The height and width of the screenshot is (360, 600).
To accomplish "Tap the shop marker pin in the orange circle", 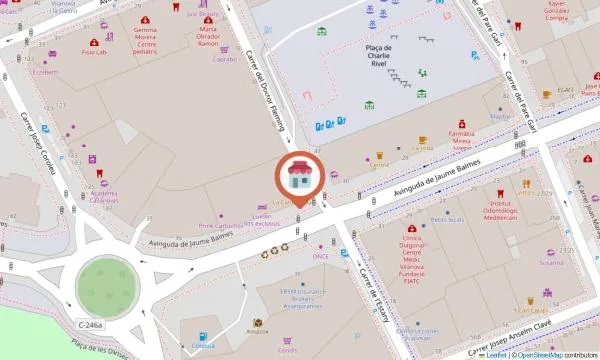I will point(298,175).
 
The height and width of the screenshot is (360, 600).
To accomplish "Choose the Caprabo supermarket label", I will point(225,59).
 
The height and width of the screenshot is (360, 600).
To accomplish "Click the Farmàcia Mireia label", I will point(460,139).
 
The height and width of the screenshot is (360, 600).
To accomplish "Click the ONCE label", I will point(320,256).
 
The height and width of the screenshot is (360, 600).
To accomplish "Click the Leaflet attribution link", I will point(493,354).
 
